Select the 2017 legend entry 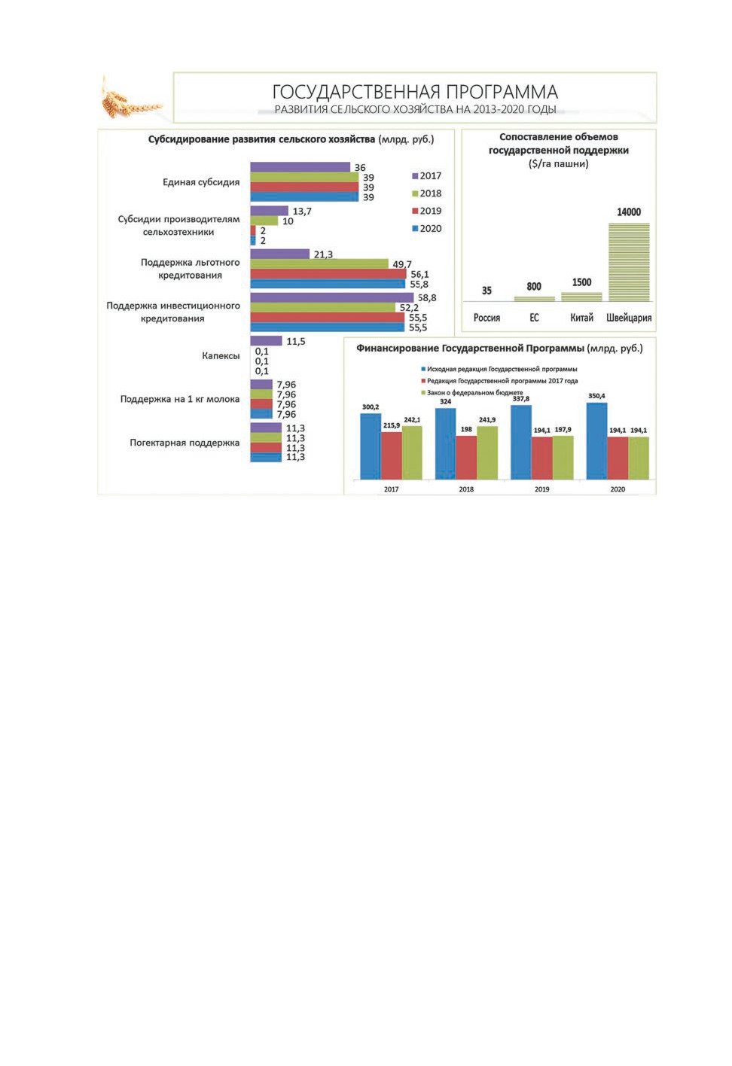coord(427,176)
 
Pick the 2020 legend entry coord(427,229)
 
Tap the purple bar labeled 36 coord(300,167)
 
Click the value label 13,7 coord(302,212)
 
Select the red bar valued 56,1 coord(328,274)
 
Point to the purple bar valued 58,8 coord(331,297)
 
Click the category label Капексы coord(221,356)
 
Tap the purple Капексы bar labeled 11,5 coord(266,341)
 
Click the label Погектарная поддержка coord(185,443)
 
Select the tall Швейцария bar coord(629,262)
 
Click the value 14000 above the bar coord(629,212)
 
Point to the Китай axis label coord(581,318)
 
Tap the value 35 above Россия coord(486,291)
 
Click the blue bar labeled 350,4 coord(597,440)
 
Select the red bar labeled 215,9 coord(391,455)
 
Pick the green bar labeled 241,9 coord(487,452)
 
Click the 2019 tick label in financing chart coord(541,489)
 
